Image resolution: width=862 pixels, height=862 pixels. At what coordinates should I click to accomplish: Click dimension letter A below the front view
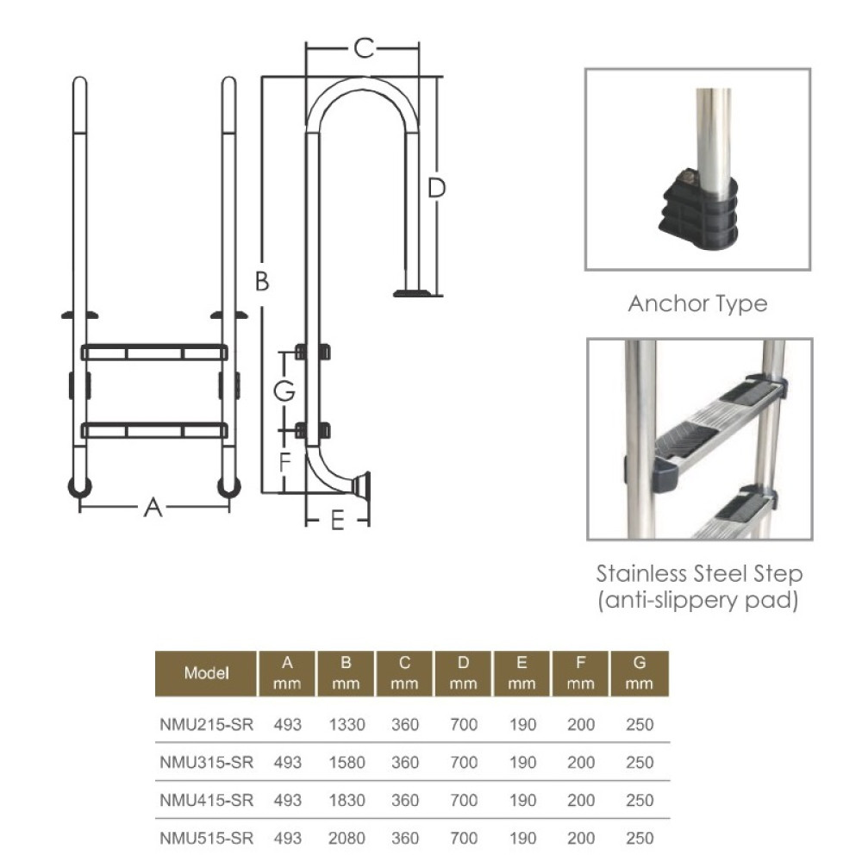153,509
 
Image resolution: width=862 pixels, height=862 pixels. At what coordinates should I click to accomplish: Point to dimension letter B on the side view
262,281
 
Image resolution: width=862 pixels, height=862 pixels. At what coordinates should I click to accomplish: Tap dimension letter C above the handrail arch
365,49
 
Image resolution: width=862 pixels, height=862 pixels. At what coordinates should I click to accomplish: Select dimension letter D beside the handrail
437,188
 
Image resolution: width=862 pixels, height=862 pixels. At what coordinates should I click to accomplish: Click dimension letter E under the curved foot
338,521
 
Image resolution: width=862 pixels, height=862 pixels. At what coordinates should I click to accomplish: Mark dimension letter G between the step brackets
284,390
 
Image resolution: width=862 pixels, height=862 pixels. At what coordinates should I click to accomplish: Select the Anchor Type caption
697,303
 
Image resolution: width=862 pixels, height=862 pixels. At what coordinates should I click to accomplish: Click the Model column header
207,673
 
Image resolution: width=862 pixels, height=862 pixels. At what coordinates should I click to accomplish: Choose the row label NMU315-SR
207,763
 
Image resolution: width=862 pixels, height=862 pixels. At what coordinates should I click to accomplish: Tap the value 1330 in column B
347,725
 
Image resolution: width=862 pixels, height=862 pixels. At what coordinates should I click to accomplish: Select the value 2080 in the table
347,838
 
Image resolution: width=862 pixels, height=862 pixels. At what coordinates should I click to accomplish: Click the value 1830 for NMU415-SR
347,800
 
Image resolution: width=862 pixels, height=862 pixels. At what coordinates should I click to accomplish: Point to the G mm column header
640,673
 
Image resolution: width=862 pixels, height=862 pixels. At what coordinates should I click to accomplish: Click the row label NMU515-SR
207,838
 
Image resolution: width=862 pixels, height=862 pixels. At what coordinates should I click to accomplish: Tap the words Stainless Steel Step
699,574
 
